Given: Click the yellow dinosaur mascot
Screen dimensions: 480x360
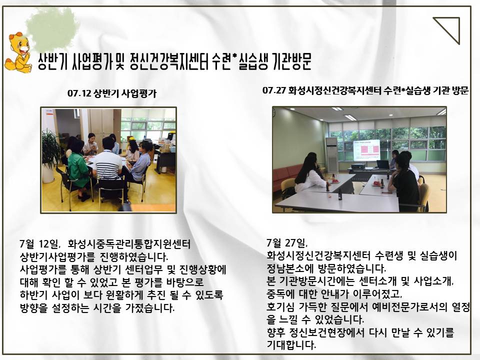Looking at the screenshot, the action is click(18, 52).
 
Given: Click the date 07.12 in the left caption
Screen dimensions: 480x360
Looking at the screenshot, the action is click(79, 93).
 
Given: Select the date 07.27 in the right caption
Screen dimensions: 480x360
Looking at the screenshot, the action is click(274, 90).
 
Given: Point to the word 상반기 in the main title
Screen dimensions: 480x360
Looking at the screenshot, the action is click(52, 62).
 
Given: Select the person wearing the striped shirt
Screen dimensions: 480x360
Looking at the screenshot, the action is click(108, 165).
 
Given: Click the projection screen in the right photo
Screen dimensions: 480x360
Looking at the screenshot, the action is click(366, 150).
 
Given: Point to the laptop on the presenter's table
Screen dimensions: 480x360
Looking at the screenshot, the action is click(383, 164).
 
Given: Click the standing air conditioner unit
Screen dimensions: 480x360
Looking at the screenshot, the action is click(331, 154).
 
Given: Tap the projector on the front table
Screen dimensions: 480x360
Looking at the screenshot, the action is click(358, 166).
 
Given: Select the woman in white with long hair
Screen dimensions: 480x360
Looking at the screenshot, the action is click(309, 175).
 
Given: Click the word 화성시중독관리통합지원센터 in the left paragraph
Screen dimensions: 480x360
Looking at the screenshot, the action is click(129, 244).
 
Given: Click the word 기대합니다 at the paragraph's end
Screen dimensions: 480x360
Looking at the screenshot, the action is click(291, 345).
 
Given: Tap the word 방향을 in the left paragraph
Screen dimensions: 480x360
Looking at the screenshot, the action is click(33, 307).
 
